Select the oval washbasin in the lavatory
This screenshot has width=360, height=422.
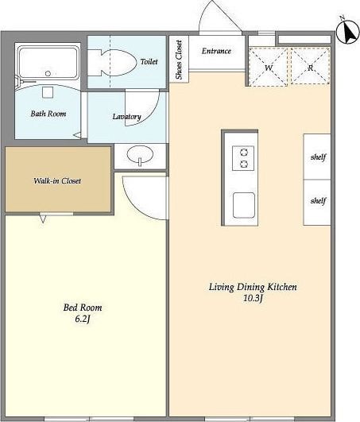tap(140, 155)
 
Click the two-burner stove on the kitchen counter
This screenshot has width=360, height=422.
tap(243, 158)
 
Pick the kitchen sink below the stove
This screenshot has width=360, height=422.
tap(244, 205)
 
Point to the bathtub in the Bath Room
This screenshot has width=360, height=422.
tap(48, 63)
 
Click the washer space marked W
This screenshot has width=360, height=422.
tap(269, 67)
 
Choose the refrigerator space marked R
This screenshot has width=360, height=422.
tap(310, 66)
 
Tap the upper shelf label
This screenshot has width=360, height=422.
tap(319, 157)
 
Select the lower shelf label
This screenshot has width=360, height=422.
tap(319, 200)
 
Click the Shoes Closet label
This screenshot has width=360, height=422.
tap(179, 60)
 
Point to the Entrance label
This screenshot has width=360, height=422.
tap(217, 51)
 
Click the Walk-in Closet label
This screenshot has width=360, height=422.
tap(57, 180)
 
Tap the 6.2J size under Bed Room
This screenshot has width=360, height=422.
tap(83, 319)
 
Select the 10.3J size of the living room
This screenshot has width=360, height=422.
tap(253, 298)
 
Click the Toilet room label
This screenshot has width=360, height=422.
tap(149, 62)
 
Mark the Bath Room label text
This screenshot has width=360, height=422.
tap(48, 114)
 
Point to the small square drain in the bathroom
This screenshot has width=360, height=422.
tap(48, 92)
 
